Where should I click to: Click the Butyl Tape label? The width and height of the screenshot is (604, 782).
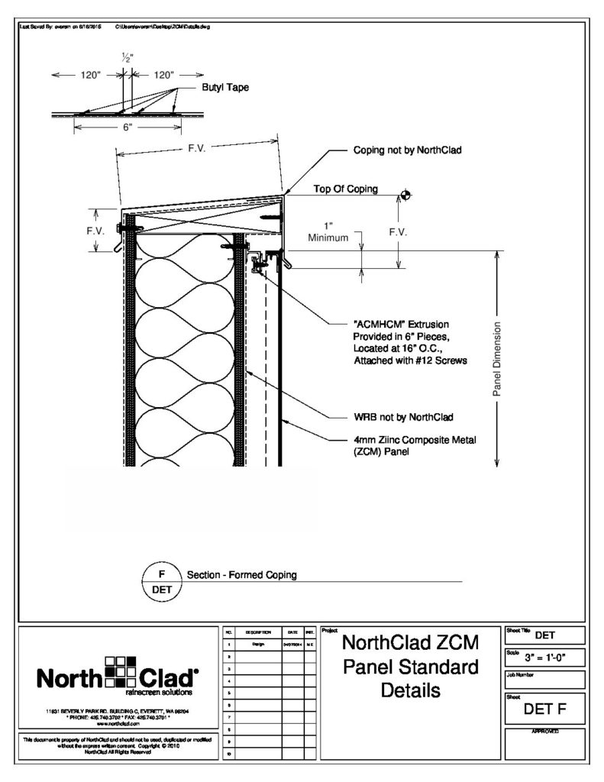pyautogui.click(x=225, y=88)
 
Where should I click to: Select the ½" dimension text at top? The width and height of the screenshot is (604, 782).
pyautogui.click(x=126, y=58)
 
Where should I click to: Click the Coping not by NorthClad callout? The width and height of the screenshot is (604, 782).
pyautogui.click(x=408, y=150)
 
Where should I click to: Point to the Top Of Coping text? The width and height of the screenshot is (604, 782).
pyautogui.click(x=346, y=189)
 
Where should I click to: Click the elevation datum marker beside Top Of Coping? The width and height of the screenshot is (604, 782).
pyautogui.click(x=405, y=195)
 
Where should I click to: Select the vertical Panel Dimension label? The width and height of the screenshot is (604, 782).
pyautogui.click(x=496, y=359)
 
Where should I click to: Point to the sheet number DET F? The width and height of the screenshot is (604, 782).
pyautogui.click(x=544, y=711)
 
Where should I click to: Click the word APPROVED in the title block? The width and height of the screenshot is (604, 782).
pyautogui.click(x=544, y=732)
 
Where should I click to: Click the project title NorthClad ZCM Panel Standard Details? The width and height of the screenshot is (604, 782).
pyautogui.click(x=411, y=666)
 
